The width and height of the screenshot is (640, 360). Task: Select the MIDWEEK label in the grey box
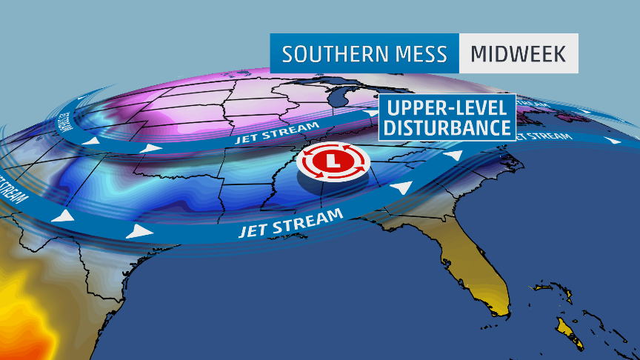click(518, 54)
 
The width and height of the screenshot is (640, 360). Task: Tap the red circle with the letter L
click(333, 161)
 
